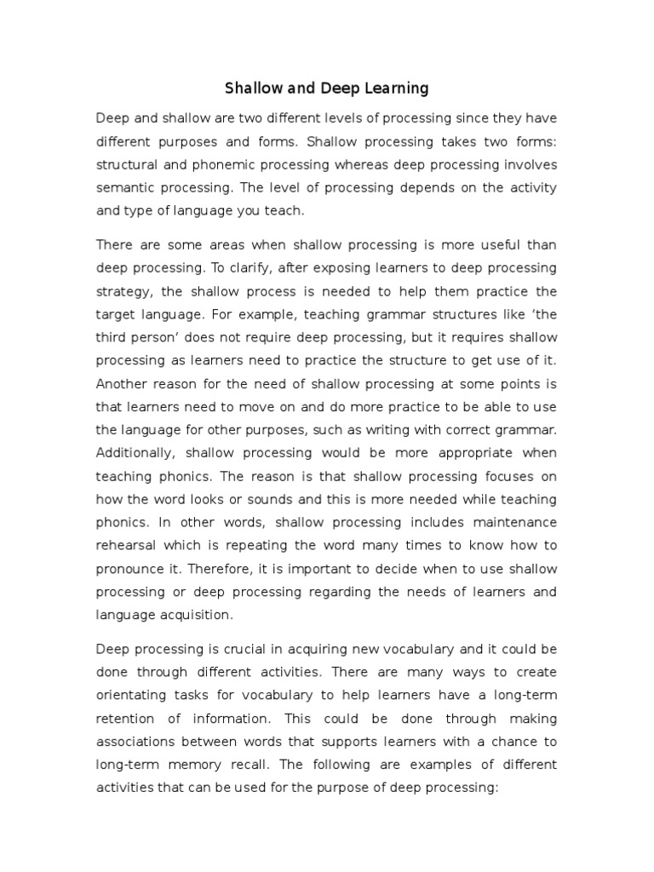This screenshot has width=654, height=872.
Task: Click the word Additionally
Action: pos(133,451)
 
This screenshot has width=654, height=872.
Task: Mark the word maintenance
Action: pos(513,520)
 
